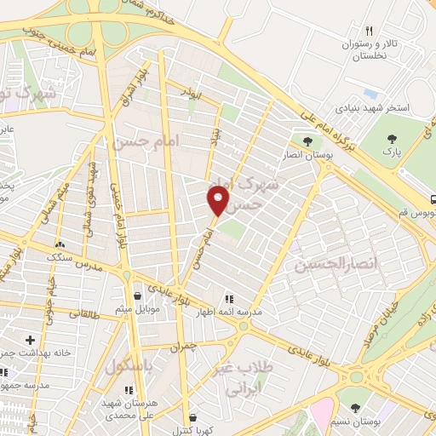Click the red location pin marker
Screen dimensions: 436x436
pyautogui.click(x=218, y=201)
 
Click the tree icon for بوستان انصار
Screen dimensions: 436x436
pyautogui.click(x=307, y=141)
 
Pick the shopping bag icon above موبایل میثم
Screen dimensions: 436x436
pyautogui.click(x=137, y=295)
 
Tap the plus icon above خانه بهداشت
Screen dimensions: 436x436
pyautogui.click(x=31, y=340)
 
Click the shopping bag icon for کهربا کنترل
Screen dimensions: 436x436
pyautogui.click(x=192, y=418)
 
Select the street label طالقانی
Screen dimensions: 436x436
pyautogui.click(x=82, y=313)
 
